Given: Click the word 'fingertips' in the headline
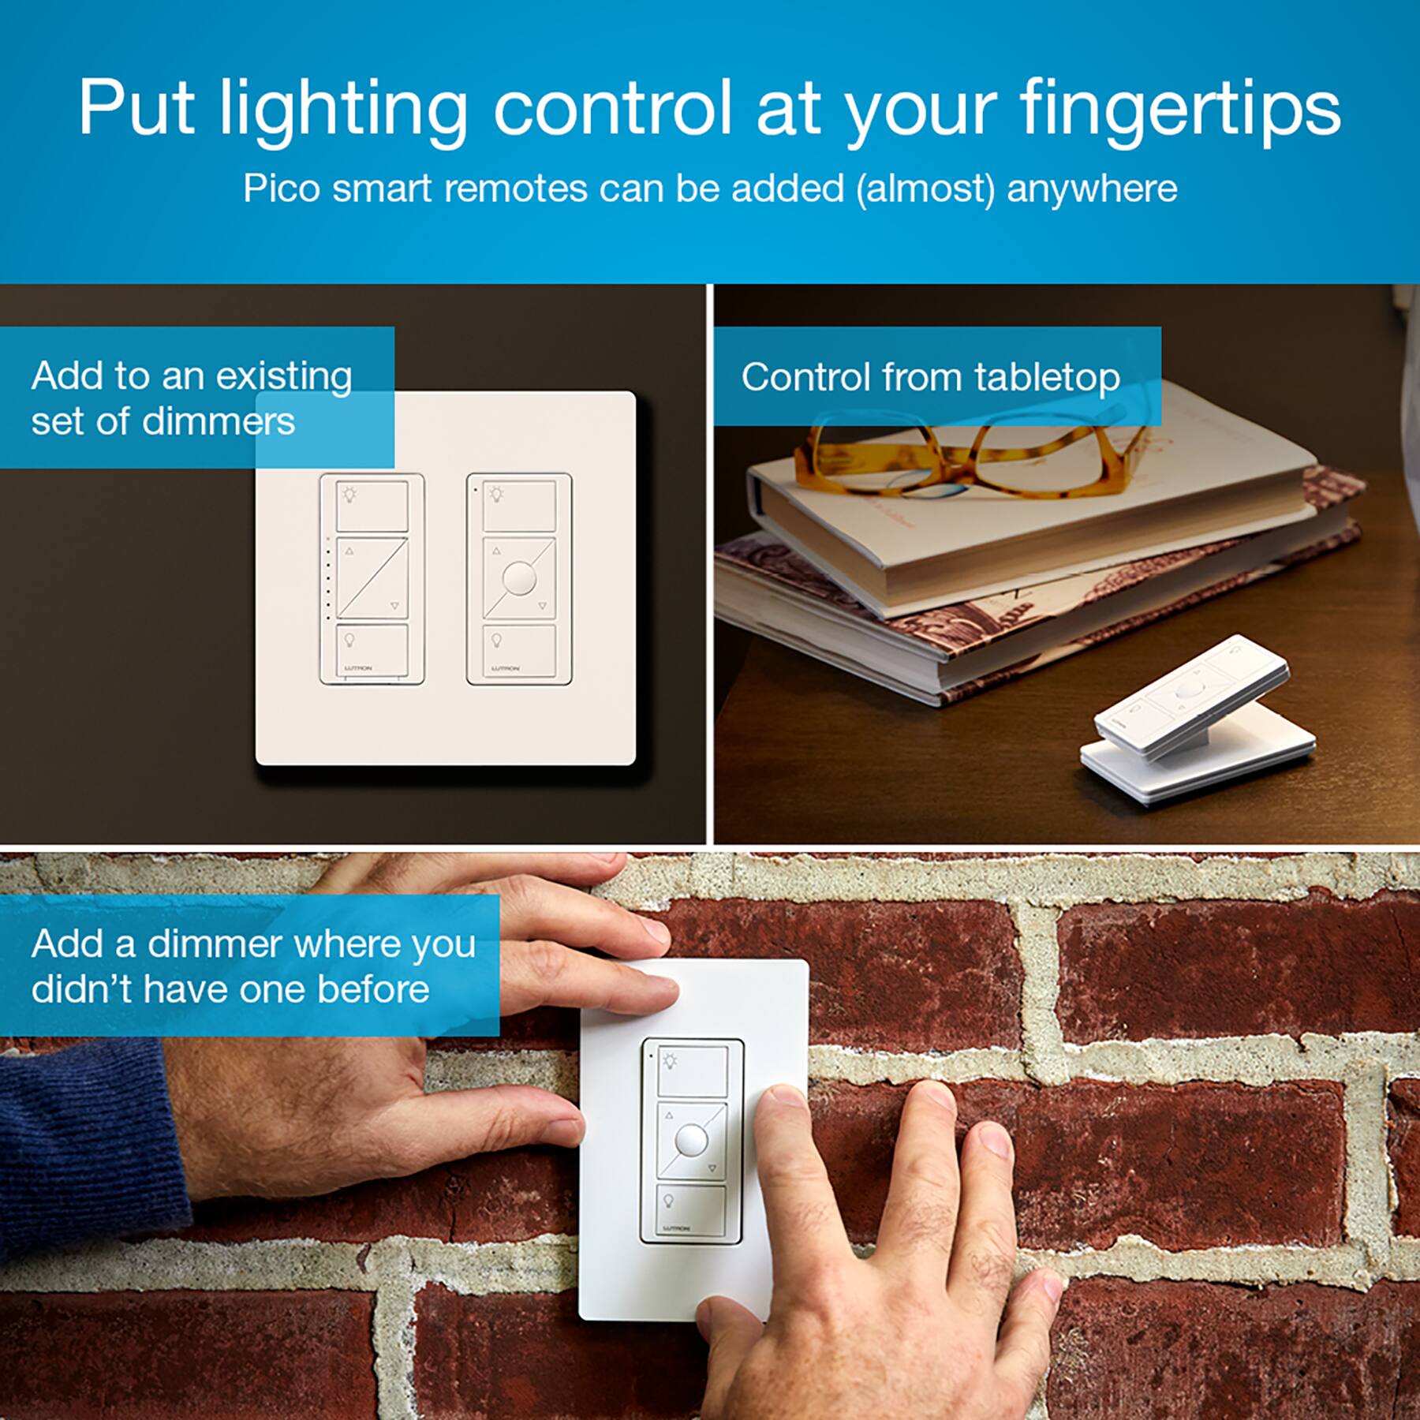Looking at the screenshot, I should coord(1179,110).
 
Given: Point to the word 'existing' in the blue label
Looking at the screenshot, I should coord(284,376).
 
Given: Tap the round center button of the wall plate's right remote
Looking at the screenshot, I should coord(519,578).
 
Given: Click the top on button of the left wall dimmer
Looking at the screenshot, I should coord(372,506).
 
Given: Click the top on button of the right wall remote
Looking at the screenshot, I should coord(519,506).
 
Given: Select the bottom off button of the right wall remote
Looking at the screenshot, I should coord(519,650).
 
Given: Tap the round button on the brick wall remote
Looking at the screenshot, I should coord(691,1139).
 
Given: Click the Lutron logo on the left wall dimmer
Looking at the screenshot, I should coord(359,669).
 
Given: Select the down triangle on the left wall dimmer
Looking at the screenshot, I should coord(394,606).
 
